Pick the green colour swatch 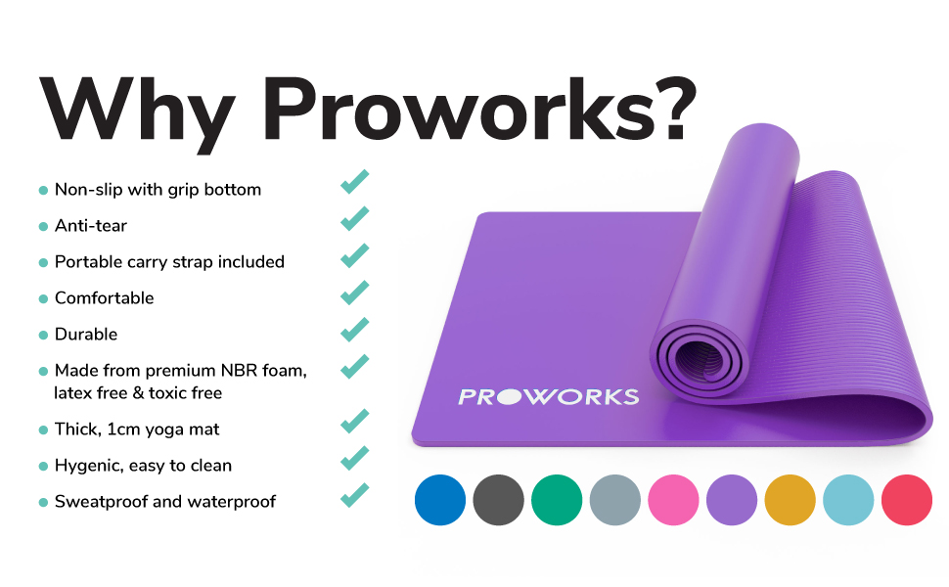click(x=558, y=499)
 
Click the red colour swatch click(x=908, y=499)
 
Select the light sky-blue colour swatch click(x=849, y=499)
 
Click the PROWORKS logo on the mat click(x=548, y=396)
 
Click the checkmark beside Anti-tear click(x=355, y=219)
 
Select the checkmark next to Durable click(x=355, y=329)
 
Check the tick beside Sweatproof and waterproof click(x=355, y=495)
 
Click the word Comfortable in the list click(x=104, y=297)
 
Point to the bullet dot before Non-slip click(x=43, y=191)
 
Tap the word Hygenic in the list click(x=87, y=466)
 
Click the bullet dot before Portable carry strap click(x=43, y=263)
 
